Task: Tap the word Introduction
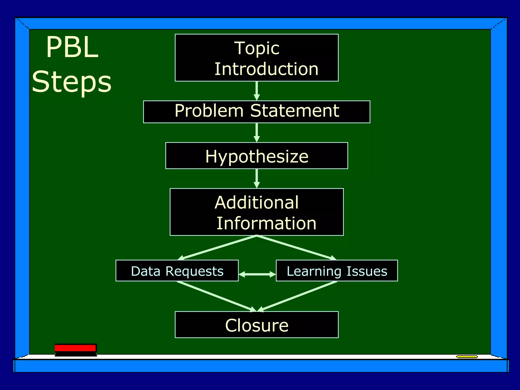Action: pos(266,69)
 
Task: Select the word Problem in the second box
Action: pos(209,111)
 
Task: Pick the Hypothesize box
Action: pos(256,156)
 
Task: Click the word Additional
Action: pos(256,203)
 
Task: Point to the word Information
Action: pos(266,223)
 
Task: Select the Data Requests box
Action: pos(177,271)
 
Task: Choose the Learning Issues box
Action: pos(337,271)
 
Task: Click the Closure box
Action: pos(256,325)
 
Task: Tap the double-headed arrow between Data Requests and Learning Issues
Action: pos(257,274)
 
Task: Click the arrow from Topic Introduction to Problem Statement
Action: pos(257,91)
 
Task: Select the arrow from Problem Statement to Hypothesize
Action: pos(257,133)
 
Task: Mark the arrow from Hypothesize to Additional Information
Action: pos(257,178)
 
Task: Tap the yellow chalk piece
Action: pos(467,357)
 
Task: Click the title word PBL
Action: pos(72,47)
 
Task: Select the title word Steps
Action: pos(72,82)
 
